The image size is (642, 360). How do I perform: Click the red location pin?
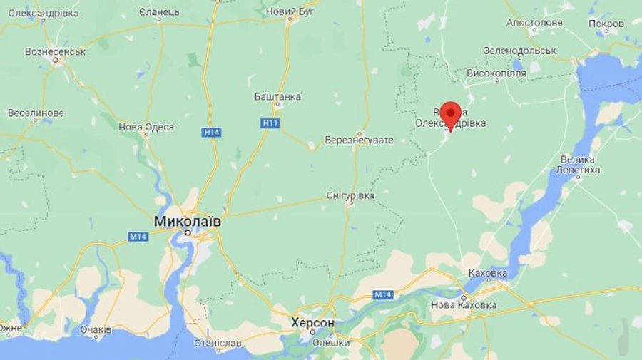[450, 115]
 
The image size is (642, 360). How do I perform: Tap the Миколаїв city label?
[188, 221]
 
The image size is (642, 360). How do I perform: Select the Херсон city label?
[312, 323]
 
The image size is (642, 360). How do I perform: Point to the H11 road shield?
[270, 123]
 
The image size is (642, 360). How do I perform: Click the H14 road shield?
[211, 132]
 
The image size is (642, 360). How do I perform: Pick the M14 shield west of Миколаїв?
[138, 236]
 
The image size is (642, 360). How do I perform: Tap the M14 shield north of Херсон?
[382, 294]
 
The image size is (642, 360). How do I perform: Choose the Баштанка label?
[277, 96]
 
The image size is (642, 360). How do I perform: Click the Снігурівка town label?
[350, 195]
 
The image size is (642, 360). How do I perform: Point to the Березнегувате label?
[359, 140]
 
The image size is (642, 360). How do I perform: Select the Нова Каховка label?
[464, 305]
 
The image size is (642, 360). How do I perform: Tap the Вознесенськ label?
[55, 51]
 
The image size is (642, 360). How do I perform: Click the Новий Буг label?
[290, 11]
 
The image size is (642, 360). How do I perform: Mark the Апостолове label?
[534, 22]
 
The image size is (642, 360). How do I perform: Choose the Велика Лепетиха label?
[578, 165]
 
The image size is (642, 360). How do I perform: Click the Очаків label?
[96, 330]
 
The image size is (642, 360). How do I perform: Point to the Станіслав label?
[218, 343]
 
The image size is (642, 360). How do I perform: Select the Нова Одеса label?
[146, 127]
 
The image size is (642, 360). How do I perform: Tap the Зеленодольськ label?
[519, 51]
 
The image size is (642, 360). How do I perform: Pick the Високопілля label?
[496, 73]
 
